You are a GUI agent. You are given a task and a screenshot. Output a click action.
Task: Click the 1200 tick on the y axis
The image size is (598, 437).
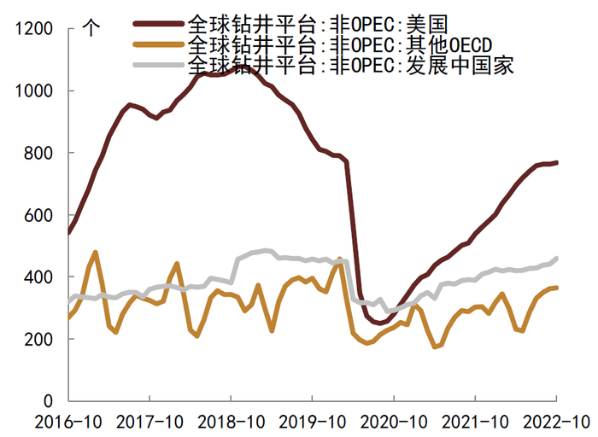(x=32, y=29)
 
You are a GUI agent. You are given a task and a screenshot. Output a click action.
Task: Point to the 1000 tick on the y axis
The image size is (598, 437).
(x=32, y=91)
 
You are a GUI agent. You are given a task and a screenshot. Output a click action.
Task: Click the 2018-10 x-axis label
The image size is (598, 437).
(x=229, y=422)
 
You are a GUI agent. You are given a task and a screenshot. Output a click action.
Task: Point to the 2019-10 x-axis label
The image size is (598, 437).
(x=310, y=422)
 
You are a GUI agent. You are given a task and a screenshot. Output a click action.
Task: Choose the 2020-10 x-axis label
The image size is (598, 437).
(x=392, y=422)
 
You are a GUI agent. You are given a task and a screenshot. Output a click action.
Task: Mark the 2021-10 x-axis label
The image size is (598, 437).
(x=473, y=422)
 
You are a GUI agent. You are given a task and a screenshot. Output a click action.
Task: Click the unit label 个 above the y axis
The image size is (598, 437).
(x=91, y=27)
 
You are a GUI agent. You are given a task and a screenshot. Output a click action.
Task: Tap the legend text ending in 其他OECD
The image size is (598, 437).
(x=338, y=43)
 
